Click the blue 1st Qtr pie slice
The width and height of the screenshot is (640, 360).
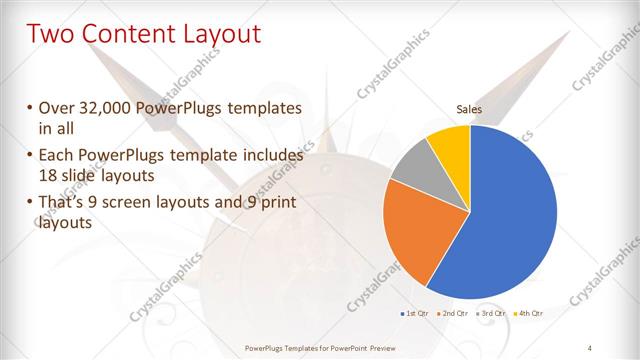coord(510,210)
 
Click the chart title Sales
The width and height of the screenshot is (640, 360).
coord(469,108)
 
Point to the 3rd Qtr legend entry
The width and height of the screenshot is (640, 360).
coord(491,314)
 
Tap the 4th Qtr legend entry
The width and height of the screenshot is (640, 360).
coord(529,314)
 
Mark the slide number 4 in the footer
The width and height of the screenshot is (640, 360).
coord(590,347)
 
